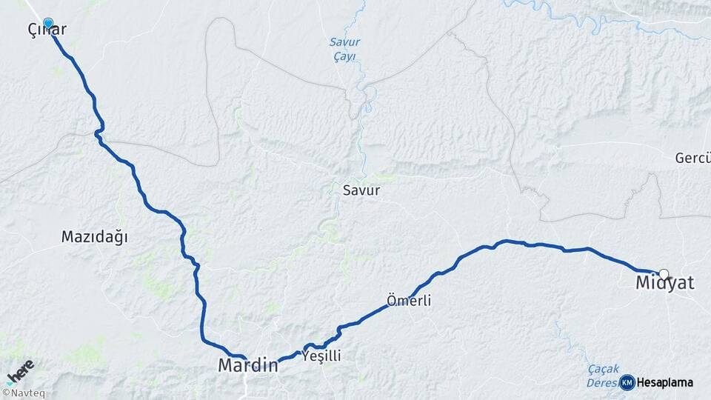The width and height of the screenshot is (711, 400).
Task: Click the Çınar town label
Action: coord(46,30)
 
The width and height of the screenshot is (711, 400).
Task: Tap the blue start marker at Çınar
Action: coord(48,24)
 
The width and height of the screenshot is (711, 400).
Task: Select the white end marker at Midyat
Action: coord(664,273)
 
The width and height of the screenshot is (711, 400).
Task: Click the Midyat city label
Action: coord(665,284)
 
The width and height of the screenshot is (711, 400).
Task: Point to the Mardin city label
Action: coord(247,365)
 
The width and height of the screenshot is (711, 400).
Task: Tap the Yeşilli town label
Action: coord(322,356)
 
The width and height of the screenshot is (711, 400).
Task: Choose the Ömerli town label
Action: coord(409,301)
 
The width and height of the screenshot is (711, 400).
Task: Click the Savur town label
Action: coord(361,190)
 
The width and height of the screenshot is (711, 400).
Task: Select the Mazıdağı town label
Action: coord(95,237)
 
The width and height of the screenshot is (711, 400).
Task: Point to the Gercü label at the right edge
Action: coord(692,158)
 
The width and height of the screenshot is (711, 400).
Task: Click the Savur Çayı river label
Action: coord(344,49)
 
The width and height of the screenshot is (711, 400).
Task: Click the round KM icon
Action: coord(627,382)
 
